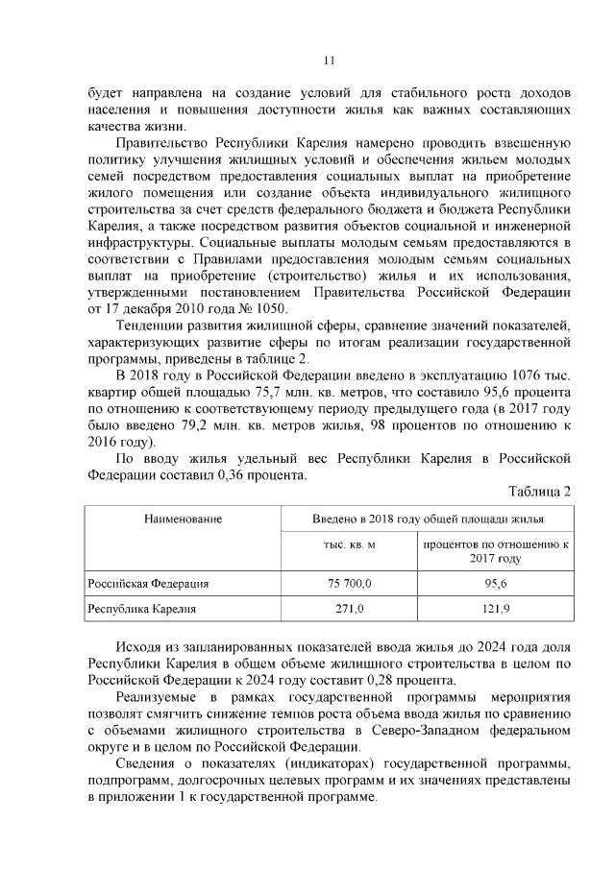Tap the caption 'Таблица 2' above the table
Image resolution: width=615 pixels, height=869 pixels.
(x=539, y=492)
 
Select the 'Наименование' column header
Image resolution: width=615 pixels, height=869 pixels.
(x=184, y=519)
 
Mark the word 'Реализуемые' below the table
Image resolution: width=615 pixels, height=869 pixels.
(x=156, y=695)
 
